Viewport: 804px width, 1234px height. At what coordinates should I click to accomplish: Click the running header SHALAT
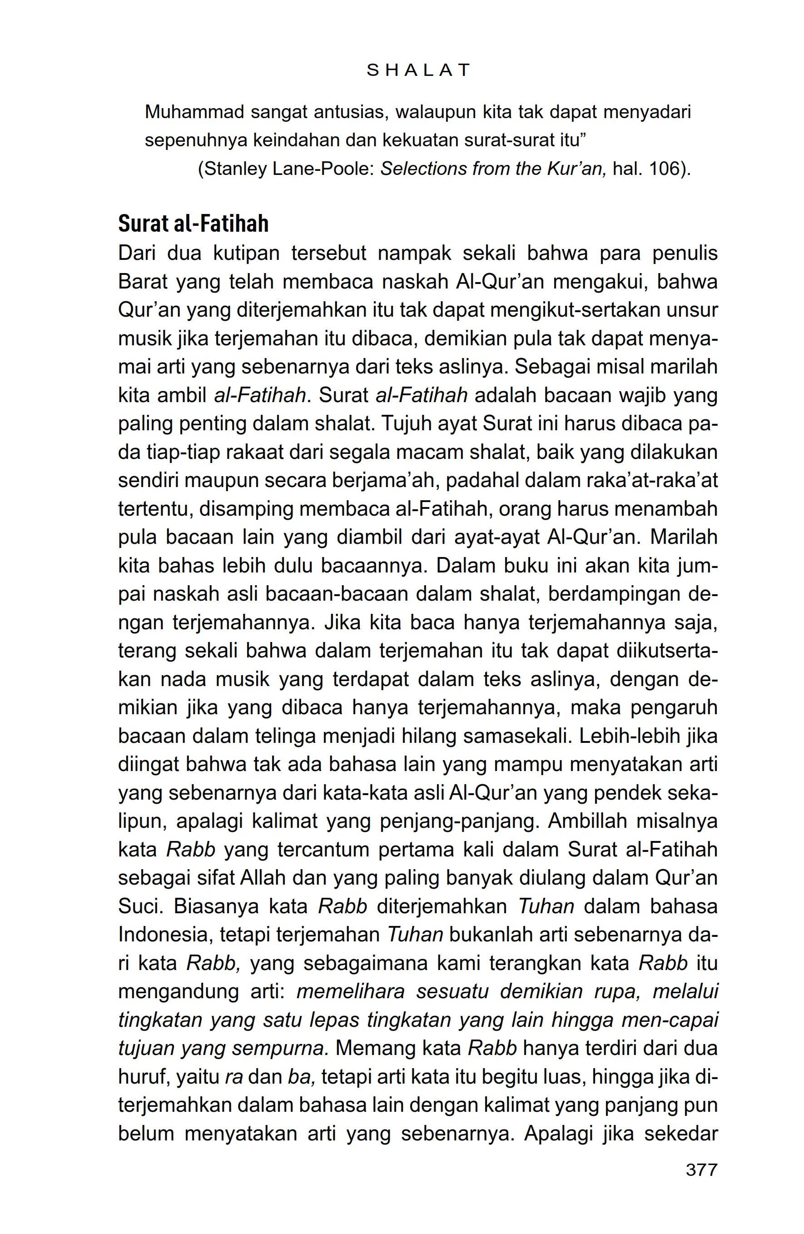tap(418, 70)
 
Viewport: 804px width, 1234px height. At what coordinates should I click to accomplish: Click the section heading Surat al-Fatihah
tap(194, 224)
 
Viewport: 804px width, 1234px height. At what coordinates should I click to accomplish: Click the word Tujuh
tap(403, 423)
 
